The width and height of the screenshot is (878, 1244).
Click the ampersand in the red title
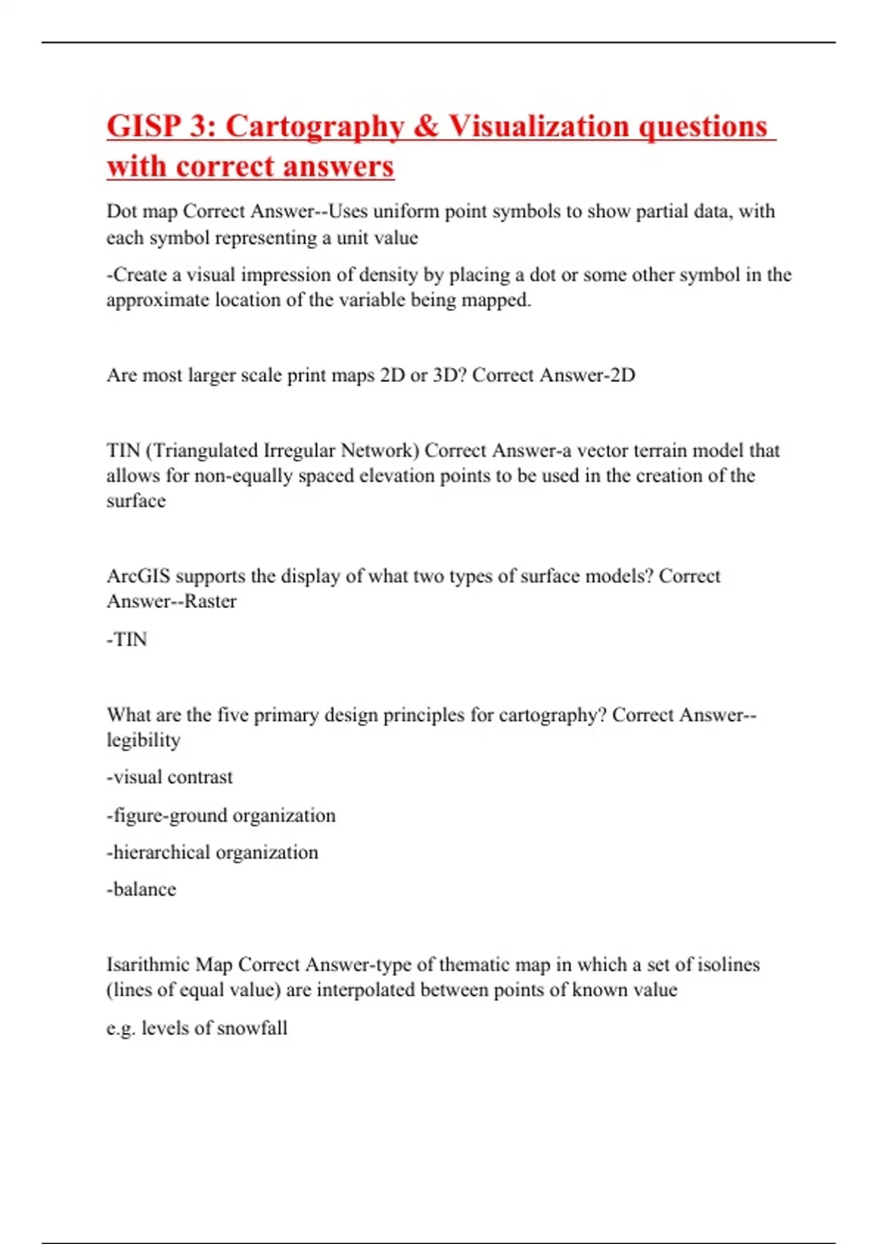tap(425, 127)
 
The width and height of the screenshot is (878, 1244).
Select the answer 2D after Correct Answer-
tap(622, 375)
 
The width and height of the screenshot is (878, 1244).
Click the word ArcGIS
tap(138, 577)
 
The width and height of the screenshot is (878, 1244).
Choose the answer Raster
tap(210, 602)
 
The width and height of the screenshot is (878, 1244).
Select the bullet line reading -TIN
tap(127, 640)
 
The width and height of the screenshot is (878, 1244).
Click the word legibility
tap(143, 741)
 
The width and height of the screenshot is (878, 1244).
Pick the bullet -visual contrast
tap(170, 777)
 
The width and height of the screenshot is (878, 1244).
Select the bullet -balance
tap(142, 890)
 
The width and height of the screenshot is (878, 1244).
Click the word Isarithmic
tap(148, 965)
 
